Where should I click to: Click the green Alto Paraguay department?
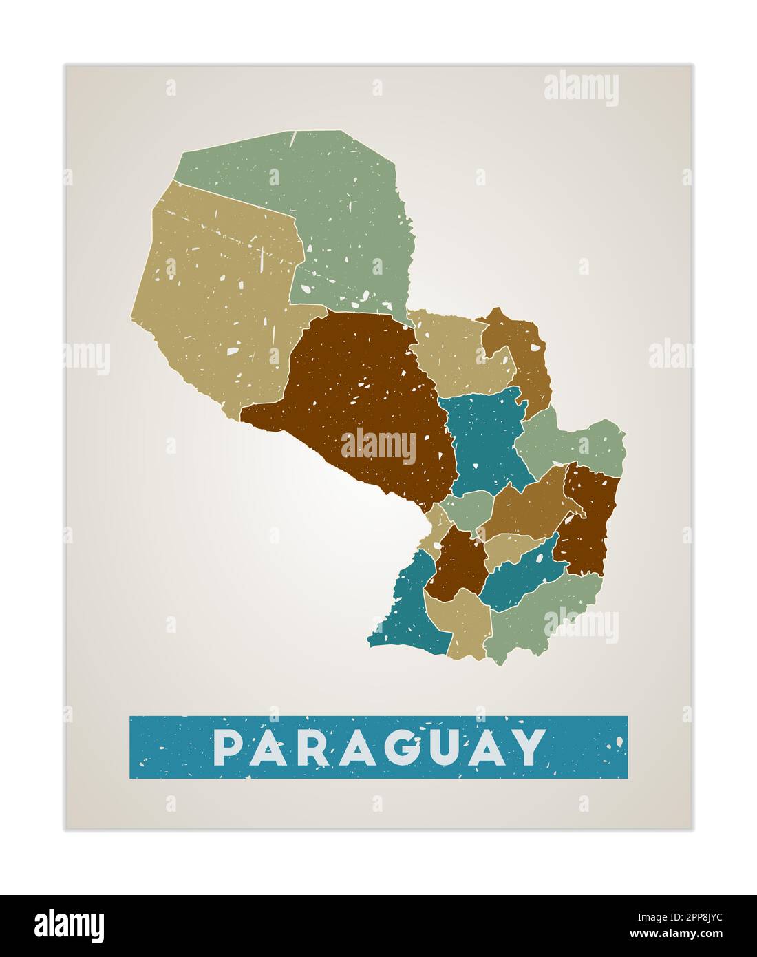pos(344,213)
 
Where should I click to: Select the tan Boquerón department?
pos(213,296)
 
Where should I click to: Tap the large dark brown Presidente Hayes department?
pos(358,392)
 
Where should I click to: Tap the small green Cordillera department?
pos(468,509)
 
